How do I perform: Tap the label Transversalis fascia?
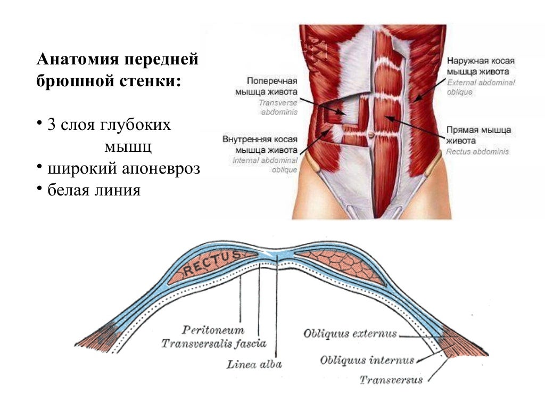[x=214, y=343]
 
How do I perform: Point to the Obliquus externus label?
[x=350, y=334]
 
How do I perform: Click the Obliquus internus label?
[x=367, y=361]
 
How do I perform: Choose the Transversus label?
[x=391, y=380]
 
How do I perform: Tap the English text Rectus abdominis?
[x=478, y=152]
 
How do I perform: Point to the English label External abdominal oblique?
[x=481, y=87]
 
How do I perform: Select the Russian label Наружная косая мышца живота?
[x=481, y=66]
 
